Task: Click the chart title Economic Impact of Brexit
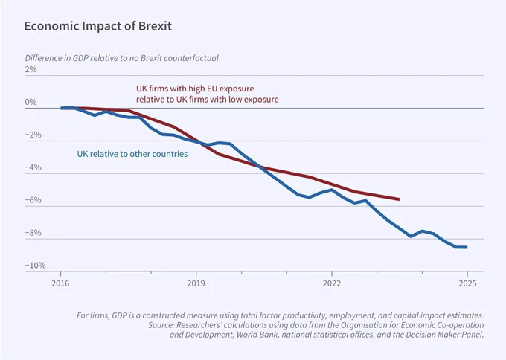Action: tap(98, 26)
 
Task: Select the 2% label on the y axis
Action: tap(31, 69)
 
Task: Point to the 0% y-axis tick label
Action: tap(31, 102)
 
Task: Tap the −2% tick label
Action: tap(33, 135)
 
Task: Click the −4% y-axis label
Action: tap(33, 167)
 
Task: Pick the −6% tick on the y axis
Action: tap(33, 200)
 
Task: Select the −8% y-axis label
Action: tap(33, 233)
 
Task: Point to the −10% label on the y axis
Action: tap(36, 265)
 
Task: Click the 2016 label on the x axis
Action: tap(61, 283)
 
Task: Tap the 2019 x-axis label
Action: tap(196, 283)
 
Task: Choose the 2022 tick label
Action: tap(332, 283)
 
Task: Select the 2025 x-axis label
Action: tap(467, 283)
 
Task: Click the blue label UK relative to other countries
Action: tap(132, 154)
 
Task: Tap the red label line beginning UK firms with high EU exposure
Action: tap(195, 89)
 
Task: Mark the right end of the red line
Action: tap(399, 199)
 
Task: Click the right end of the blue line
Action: tap(467, 247)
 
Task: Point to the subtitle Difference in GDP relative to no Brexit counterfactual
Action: tap(121, 58)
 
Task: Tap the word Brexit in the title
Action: tap(156, 26)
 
